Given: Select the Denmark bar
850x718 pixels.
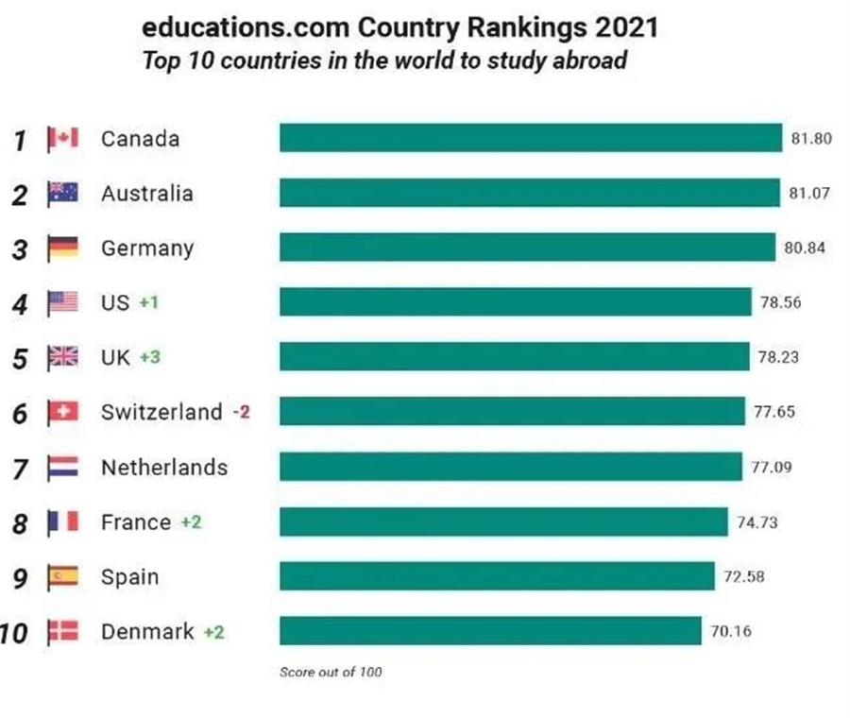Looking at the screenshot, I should tap(490, 631).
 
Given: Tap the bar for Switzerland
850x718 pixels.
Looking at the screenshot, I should tap(516, 412).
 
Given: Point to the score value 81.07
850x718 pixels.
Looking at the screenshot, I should tap(809, 194).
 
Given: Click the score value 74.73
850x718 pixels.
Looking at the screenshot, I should tap(756, 522).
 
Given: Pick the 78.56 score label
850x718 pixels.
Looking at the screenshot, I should tap(781, 303).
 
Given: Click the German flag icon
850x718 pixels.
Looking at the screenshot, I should tap(63, 248).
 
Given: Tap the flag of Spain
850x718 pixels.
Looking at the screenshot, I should tap(63, 576).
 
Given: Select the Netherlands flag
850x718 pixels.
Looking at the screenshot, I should tap(63, 468).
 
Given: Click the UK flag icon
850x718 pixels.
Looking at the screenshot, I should tap(63, 358).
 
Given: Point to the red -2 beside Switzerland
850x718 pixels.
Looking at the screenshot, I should tap(241, 413).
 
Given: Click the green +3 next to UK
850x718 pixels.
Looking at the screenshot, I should tap(150, 358).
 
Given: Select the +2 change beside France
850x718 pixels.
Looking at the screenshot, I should tap(191, 522).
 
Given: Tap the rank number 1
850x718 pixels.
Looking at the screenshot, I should tap(19, 140).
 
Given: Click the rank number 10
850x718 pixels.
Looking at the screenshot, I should tap(14, 632).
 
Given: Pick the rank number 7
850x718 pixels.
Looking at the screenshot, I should tap(19, 468).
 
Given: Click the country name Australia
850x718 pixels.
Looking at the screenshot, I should tap(146, 194).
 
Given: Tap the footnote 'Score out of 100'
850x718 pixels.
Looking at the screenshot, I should tap(331, 673).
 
